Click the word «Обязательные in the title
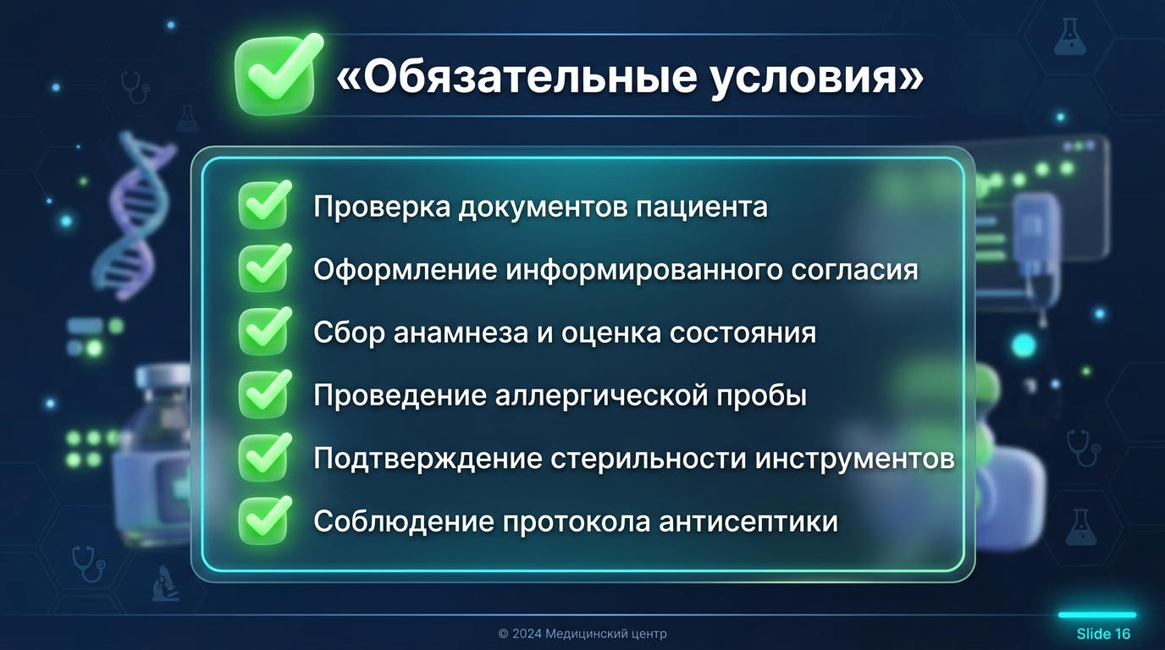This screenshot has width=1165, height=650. pyautogui.click(x=516, y=78)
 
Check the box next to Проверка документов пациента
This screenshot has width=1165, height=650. pyautogui.click(x=264, y=205)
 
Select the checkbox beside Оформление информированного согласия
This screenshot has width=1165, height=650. pyautogui.click(x=264, y=268)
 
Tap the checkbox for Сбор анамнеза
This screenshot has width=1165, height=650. pyautogui.click(x=264, y=331)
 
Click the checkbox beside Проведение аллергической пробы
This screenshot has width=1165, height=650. pyautogui.click(x=264, y=394)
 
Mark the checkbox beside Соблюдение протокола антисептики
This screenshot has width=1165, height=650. pyautogui.click(x=264, y=521)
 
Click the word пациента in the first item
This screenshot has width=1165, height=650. pyautogui.click(x=702, y=207)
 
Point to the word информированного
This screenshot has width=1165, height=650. pyautogui.click(x=643, y=270)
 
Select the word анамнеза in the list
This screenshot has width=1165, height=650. pyautogui.click(x=461, y=333)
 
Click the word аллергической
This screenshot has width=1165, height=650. pyautogui.click(x=601, y=396)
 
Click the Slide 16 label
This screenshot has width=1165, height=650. pyautogui.click(x=1103, y=634)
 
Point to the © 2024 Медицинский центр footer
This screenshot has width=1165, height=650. pyautogui.click(x=582, y=634)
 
